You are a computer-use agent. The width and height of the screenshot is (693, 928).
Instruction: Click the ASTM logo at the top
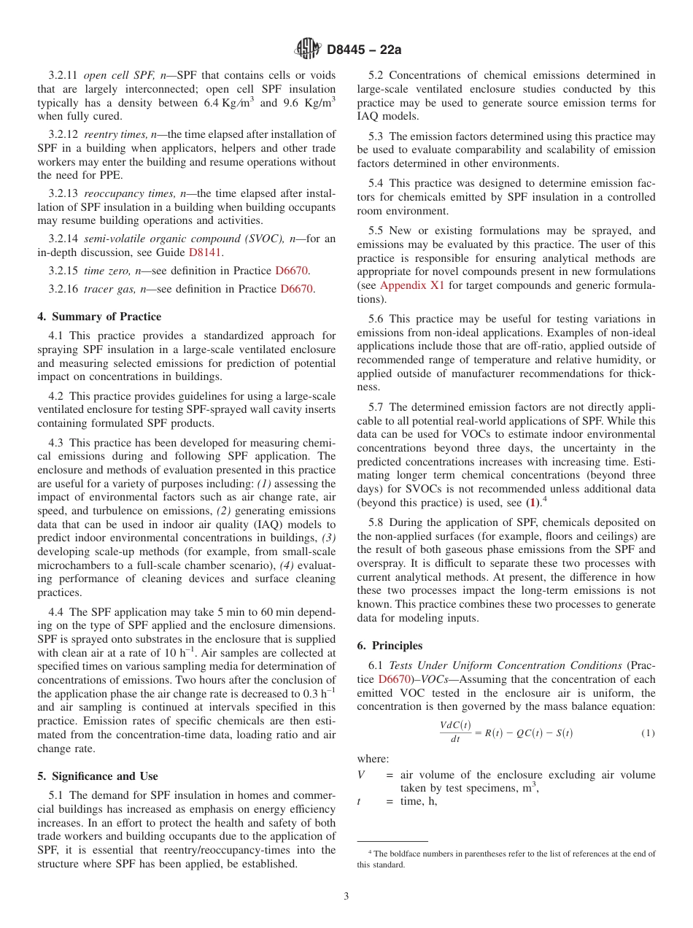[x=306, y=49]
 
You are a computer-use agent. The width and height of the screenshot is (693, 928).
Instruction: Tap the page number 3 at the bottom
[x=346, y=896]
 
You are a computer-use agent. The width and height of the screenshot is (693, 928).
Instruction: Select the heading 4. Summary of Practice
[x=99, y=317]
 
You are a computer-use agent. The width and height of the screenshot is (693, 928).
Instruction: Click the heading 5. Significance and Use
[x=97, y=776]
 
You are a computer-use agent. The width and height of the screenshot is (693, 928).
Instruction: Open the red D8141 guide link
[x=205, y=252]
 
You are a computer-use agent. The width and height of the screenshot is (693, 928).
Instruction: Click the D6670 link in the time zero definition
[x=292, y=271]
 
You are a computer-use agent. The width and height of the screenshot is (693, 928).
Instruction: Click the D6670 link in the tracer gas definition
[x=297, y=289]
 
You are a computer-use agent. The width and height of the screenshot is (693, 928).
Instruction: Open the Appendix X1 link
[x=412, y=285]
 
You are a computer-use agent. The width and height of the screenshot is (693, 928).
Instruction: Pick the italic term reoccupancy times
[x=128, y=193]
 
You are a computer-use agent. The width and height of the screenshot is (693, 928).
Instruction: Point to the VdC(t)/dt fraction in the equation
[x=455, y=732]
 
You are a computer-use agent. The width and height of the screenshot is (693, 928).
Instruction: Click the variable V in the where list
[x=360, y=775]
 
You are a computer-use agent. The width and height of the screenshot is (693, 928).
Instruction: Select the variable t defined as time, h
[x=359, y=801]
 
